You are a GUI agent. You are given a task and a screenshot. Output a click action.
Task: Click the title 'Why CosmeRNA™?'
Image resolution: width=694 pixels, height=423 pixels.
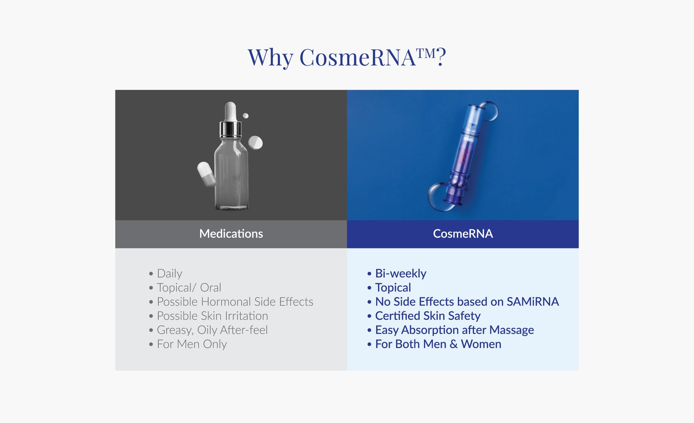click(347, 58)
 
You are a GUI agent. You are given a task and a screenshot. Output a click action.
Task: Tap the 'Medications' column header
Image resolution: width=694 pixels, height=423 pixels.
click(231, 234)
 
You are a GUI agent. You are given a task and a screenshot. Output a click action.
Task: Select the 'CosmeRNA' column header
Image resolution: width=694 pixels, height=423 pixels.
click(463, 234)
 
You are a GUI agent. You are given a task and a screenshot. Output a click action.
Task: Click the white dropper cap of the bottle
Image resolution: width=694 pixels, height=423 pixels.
click(230, 111)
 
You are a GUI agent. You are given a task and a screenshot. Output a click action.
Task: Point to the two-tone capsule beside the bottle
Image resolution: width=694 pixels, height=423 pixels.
click(207, 174)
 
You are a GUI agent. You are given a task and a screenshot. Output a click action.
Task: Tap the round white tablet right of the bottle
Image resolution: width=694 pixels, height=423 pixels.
click(256, 143)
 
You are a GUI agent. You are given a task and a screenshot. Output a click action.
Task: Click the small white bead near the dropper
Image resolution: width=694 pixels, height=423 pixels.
click(246, 116)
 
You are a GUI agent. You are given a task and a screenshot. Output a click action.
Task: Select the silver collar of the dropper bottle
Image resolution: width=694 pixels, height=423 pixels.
click(230, 129)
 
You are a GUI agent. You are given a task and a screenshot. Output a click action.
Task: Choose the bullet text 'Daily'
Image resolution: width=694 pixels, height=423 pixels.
click(169, 274)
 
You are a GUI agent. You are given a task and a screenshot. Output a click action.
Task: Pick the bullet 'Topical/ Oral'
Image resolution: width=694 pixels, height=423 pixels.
click(189, 288)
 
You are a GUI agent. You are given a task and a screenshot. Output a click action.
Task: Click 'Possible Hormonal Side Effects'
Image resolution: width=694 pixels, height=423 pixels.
click(235, 302)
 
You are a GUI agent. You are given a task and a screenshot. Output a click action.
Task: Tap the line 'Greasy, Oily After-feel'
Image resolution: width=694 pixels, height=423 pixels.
click(212, 330)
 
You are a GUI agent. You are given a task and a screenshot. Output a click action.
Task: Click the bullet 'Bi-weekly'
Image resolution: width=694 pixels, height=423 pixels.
click(401, 274)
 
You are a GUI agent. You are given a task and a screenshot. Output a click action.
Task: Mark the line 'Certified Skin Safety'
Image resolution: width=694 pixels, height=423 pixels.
click(427, 316)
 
